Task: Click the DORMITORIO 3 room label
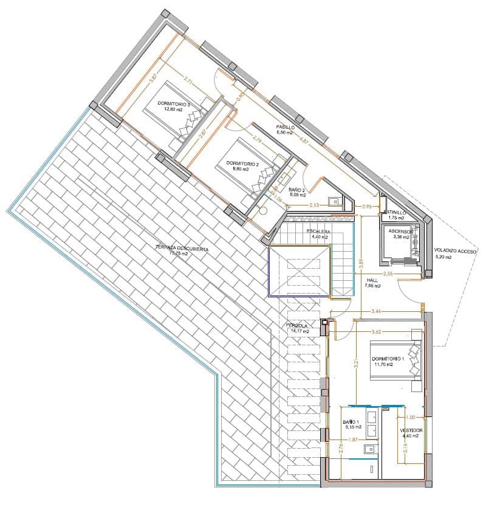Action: coord(174,105)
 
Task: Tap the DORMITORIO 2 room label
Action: coord(242,164)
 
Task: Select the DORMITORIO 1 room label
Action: coord(388,359)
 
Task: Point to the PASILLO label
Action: coord(285,127)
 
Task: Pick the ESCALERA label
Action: coord(318,232)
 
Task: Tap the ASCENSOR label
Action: coord(401,232)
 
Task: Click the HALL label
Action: coord(372,280)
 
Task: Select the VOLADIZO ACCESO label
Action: coord(455,250)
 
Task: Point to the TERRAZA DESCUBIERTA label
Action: coord(182,249)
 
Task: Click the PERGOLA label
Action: coord(298,326)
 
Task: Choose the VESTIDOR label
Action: coord(411,430)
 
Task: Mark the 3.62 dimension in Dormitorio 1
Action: coord(378,332)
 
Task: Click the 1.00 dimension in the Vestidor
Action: coord(411,417)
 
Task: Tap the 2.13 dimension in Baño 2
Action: coord(315,205)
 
